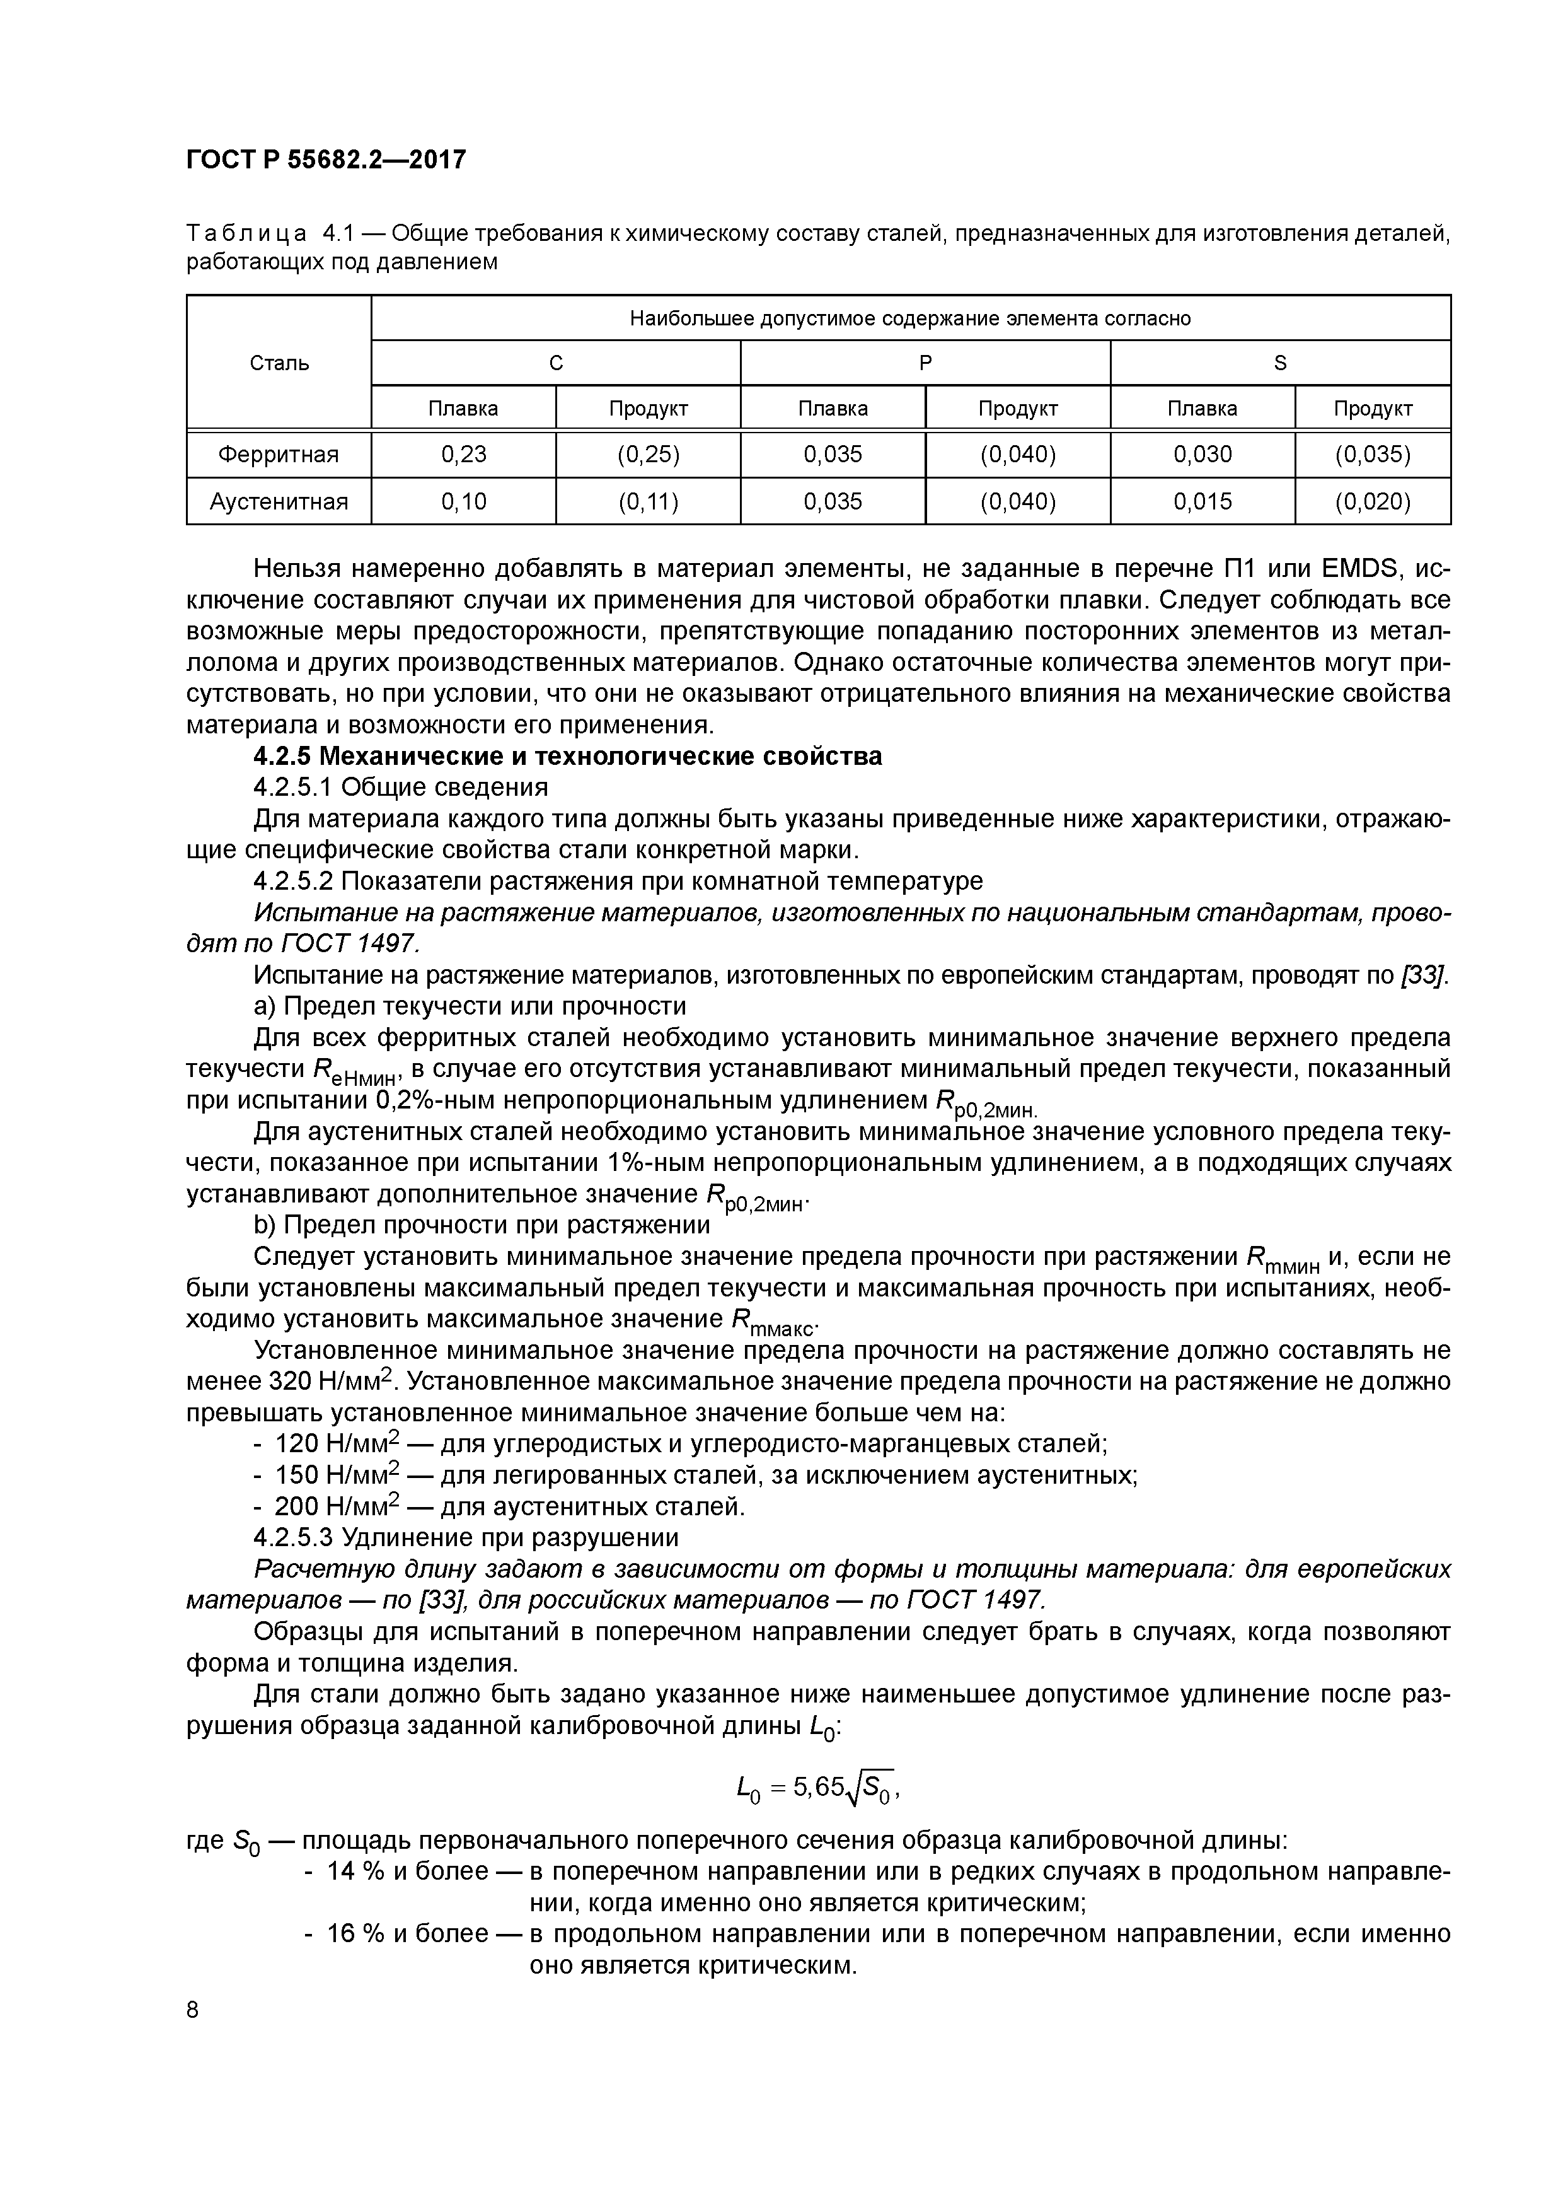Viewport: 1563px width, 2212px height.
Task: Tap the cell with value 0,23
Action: click(x=463, y=455)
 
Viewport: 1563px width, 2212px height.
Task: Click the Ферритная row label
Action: click(x=279, y=455)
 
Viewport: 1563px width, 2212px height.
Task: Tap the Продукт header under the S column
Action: click(x=1372, y=409)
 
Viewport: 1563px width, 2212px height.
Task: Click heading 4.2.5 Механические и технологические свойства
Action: click(x=567, y=756)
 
